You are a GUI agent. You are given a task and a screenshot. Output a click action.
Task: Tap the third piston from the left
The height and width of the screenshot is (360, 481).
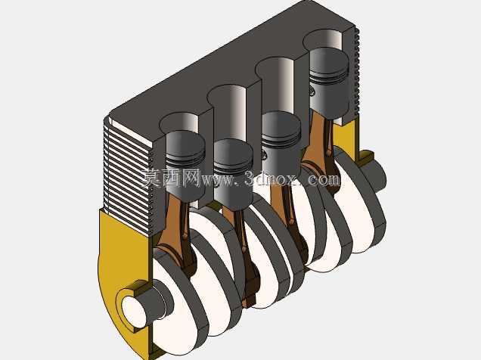coord(281,142)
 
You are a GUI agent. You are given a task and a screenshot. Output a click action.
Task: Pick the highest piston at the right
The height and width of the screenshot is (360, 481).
coord(329,82)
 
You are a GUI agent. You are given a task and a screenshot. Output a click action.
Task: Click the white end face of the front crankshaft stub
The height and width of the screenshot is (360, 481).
coord(134,313)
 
